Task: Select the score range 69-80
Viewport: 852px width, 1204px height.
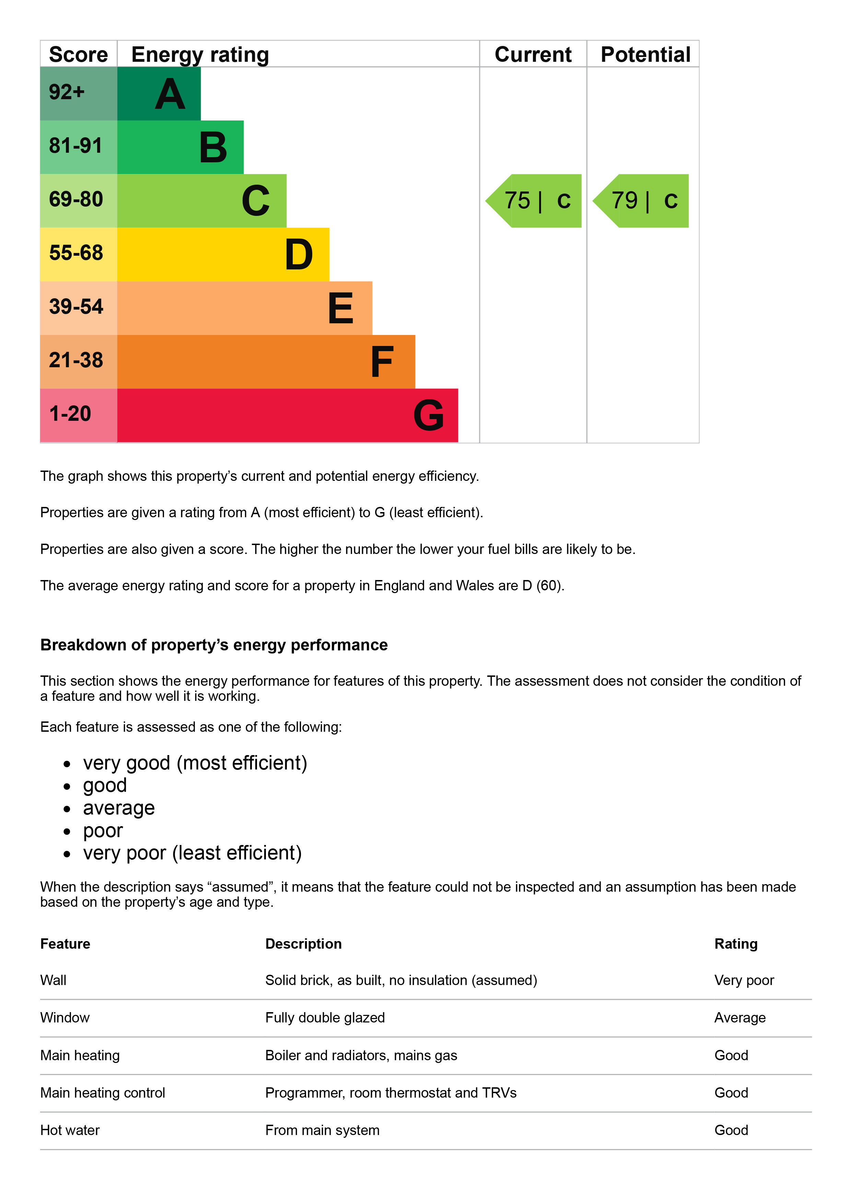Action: point(76,199)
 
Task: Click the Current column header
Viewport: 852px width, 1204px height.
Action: point(533,55)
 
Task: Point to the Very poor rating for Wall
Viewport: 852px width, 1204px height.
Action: point(744,980)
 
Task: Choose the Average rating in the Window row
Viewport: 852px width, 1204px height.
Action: point(740,1017)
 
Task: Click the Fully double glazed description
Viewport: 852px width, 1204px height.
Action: point(325,1017)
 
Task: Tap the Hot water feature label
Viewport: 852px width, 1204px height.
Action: point(70,1130)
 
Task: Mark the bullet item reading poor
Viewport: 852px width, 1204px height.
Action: point(103,831)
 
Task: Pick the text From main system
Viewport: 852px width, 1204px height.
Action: point(322,1130)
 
